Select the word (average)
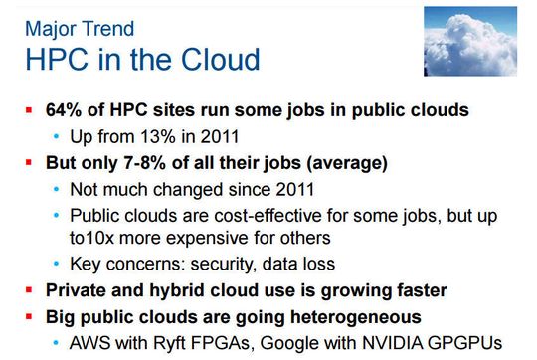coord(354,162)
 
